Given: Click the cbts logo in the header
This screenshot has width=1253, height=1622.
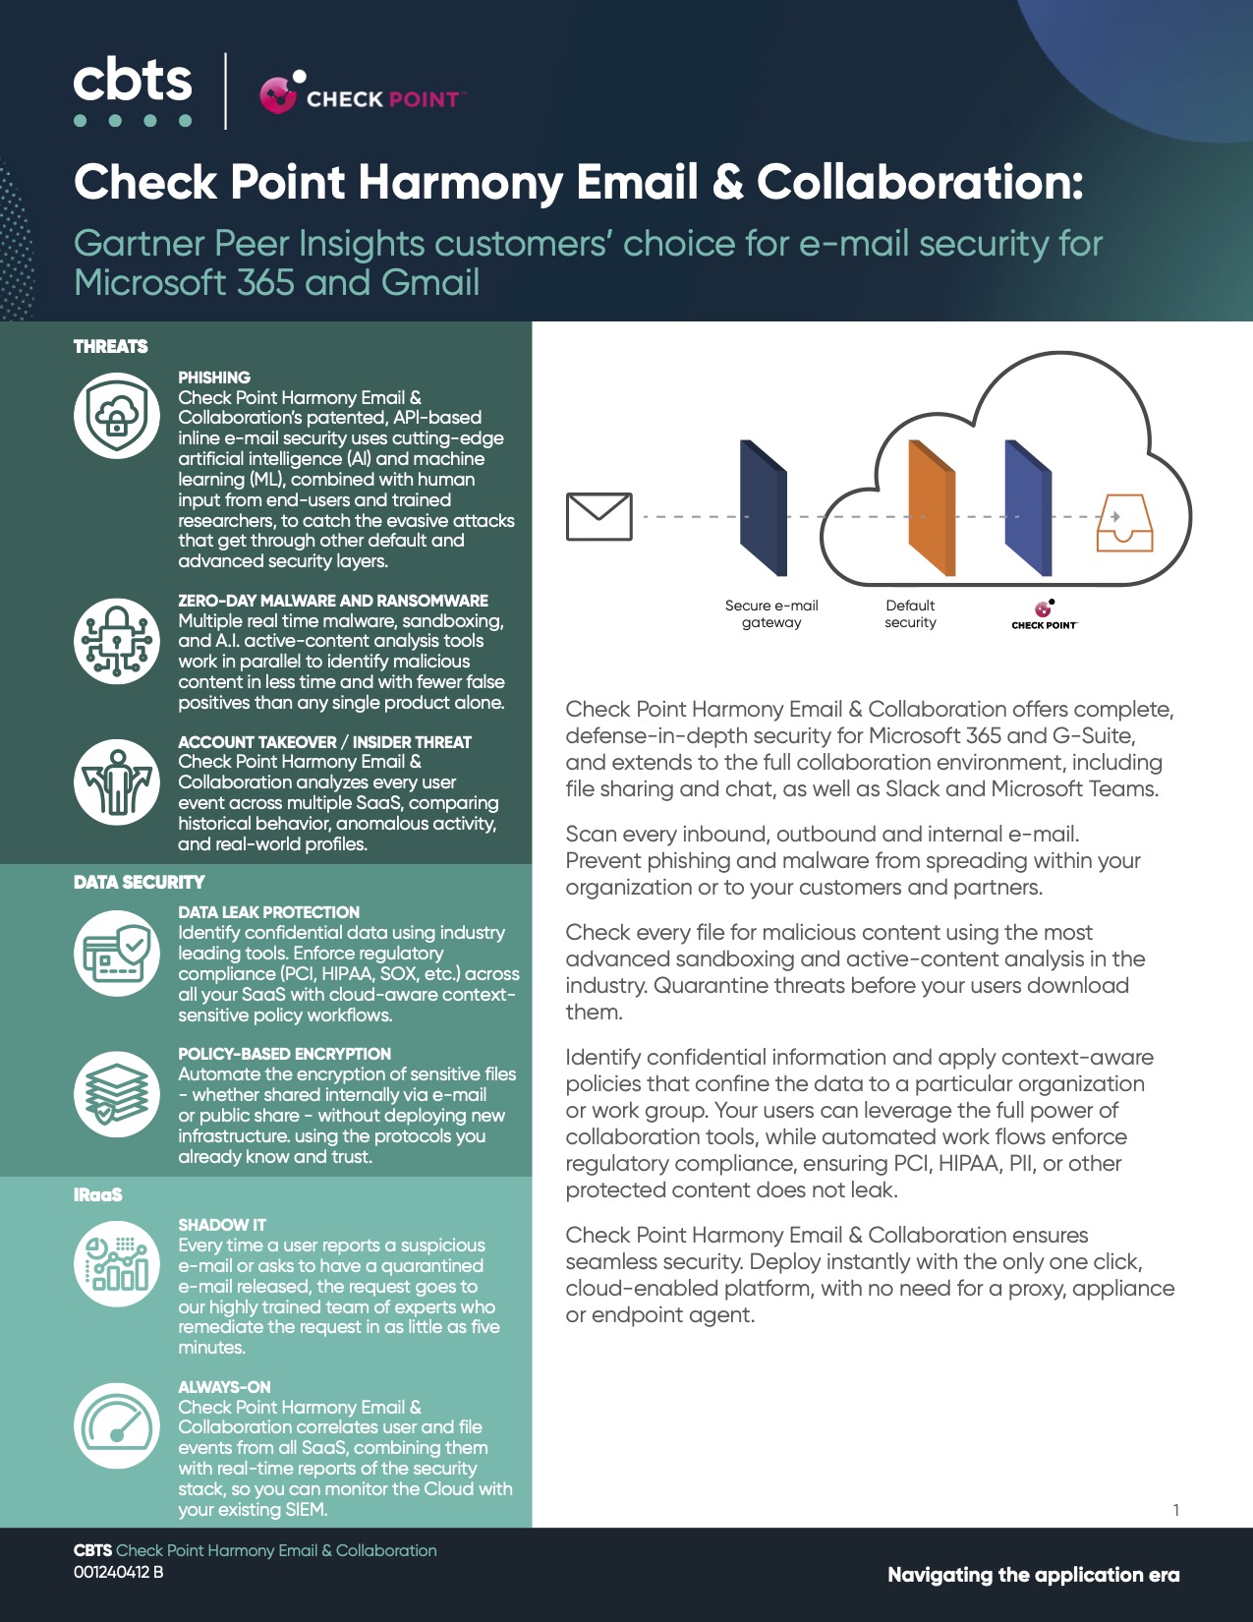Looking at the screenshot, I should (x=133, y=91).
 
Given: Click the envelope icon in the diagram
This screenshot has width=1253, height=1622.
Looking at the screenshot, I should (x=598, y=517).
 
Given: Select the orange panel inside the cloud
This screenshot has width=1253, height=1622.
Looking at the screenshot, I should (x=932, y=508).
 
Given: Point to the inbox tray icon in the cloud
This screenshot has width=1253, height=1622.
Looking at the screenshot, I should (x=1124, y=523).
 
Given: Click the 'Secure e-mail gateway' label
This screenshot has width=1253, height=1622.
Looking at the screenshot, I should (x=771, y=614).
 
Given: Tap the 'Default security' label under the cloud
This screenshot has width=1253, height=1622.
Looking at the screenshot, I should (x=910, y=614).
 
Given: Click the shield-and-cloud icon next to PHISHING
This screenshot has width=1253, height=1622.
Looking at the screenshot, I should (x=117, y=416).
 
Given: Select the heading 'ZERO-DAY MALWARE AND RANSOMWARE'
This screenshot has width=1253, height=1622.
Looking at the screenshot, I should (x=333, y=601).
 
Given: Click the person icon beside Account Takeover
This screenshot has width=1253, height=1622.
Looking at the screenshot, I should (x=117, y=782).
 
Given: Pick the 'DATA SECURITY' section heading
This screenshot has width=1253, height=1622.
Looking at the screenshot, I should (x=140, y=883).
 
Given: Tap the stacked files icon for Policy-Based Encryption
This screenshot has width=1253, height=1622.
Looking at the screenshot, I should (x=117, y=1094).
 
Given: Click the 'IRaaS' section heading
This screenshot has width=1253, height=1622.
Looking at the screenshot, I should (x=98, y=1195).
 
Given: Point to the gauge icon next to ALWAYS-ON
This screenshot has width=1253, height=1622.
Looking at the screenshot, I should (x=117, y=1426).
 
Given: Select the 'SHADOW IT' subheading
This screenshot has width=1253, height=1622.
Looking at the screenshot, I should (x=222, y=1225).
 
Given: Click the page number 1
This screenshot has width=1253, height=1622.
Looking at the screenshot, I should (x=1175, y=1510).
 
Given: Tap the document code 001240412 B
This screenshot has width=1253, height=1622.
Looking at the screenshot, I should (x=119, y=1573).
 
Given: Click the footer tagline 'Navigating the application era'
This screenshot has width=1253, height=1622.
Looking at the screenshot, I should (x=1033, y=1575).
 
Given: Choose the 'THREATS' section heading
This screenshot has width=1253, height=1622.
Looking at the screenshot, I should (x=111, y=347).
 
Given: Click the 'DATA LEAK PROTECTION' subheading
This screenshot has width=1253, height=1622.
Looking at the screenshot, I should (x=269, y=912).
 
